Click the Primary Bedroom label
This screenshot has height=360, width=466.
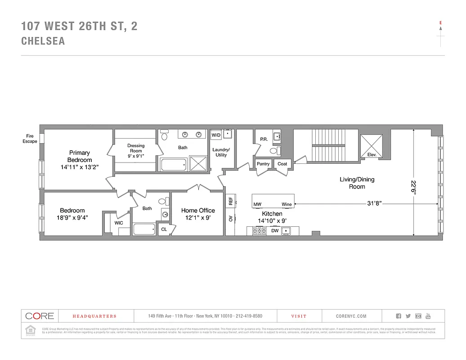tap(80, 156)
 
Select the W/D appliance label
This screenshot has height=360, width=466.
tap(216, 135)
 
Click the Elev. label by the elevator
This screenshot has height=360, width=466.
tap(372, 155)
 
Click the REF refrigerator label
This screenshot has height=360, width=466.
tap(231, 201)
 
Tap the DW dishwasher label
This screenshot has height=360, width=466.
tap(274, 231)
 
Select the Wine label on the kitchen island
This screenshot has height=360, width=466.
tap(287, 204)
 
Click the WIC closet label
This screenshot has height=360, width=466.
tap(119, 223)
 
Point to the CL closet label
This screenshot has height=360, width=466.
tap(164, 229)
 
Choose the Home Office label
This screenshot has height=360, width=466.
tap(198, 210)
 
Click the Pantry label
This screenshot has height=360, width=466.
tap(263, 164)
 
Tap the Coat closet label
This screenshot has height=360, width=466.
tap(282, 164)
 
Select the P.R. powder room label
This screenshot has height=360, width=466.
tap(264, 139)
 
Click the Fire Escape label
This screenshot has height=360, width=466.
tap(30, 138)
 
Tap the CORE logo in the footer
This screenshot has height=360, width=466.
tap(40, 316)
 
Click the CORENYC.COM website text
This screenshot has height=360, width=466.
tap(351, 316)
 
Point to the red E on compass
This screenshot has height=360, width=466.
tap(440, 22)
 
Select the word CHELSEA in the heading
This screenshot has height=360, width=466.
tap(43, 41)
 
